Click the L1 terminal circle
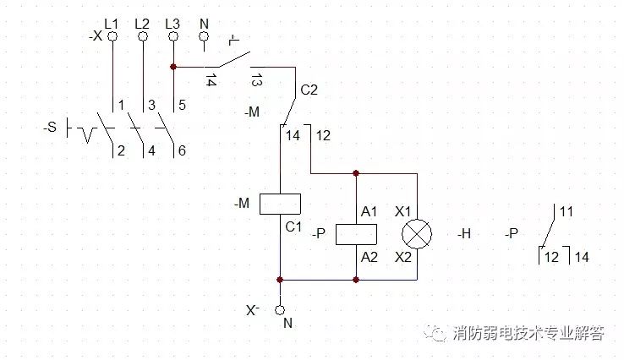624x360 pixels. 112,36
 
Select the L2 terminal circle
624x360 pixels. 143,36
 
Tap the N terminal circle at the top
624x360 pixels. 204,36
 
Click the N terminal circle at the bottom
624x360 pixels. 280,310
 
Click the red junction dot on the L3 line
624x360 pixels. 173,67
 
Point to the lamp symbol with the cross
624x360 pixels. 417,234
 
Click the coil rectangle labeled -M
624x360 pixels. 280,204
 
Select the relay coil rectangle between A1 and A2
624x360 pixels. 356,234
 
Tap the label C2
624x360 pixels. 309,90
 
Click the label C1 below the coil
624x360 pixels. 293,226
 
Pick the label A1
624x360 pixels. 369,211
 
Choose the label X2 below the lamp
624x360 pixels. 403,258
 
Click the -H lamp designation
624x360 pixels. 464,234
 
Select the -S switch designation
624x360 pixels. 50,128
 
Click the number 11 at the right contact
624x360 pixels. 567,211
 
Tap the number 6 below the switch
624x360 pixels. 182,150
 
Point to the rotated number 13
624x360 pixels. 256,80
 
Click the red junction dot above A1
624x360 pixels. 356,173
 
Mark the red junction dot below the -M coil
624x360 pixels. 280,280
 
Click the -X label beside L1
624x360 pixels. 96,36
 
